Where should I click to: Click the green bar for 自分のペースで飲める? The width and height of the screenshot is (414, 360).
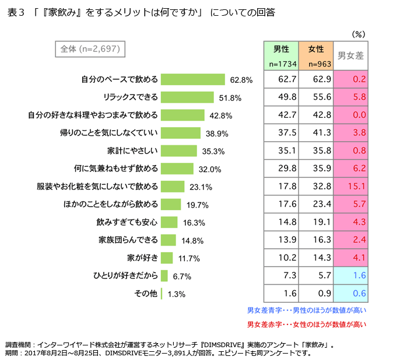192,79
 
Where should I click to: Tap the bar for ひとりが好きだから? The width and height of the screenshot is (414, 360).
164,276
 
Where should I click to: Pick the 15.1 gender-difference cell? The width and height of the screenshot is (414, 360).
350,187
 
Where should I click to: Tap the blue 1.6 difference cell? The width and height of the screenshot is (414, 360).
350,275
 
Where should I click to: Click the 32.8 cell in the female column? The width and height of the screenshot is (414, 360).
315,187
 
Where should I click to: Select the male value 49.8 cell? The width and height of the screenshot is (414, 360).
281,97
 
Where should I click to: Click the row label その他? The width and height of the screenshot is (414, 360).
146,294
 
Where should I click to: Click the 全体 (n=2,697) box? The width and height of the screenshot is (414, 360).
90,49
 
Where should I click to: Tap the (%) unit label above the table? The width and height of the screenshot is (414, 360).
359,34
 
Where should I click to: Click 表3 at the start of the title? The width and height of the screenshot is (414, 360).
16,12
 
